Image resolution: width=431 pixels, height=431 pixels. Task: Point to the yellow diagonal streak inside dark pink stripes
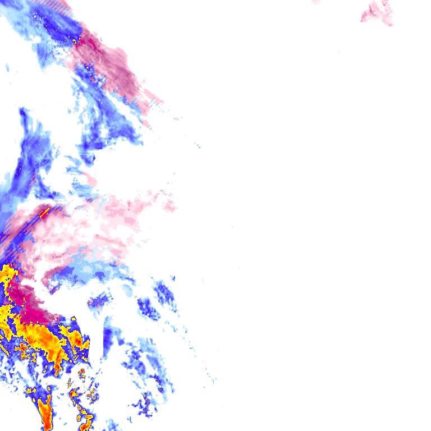point(45,212)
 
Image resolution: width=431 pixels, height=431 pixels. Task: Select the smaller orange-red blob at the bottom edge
point(86,419)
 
